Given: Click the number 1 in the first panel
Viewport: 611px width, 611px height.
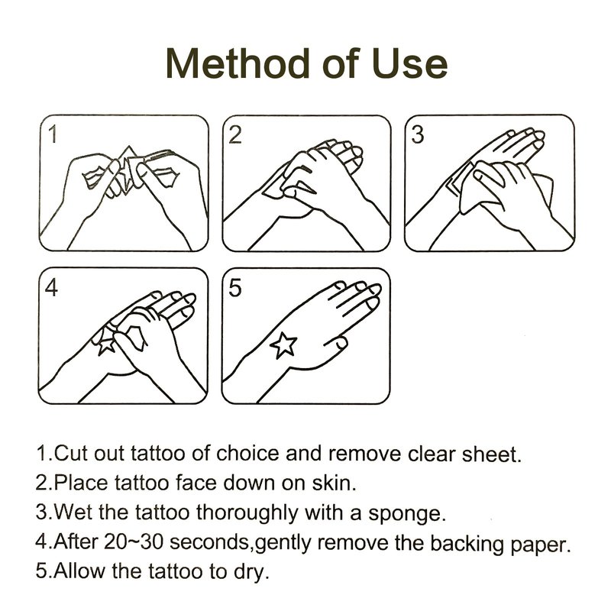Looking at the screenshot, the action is [53, 134].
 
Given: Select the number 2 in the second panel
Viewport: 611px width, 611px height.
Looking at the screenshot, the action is [235, 135].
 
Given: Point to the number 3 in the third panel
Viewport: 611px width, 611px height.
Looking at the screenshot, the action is [417, 135].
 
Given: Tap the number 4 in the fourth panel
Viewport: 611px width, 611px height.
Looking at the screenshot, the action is [51, 288].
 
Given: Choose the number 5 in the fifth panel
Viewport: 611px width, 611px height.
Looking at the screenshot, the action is [235, 288].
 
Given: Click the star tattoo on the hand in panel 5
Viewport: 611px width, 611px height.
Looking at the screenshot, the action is [283, 345].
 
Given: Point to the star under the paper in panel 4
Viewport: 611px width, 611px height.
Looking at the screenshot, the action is [105, 346].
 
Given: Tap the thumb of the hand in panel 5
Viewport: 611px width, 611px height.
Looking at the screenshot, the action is [336, 342].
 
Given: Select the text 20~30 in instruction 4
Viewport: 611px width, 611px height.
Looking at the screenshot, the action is [133, 541].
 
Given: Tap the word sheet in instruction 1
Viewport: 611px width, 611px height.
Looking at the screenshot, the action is [491, 454].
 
